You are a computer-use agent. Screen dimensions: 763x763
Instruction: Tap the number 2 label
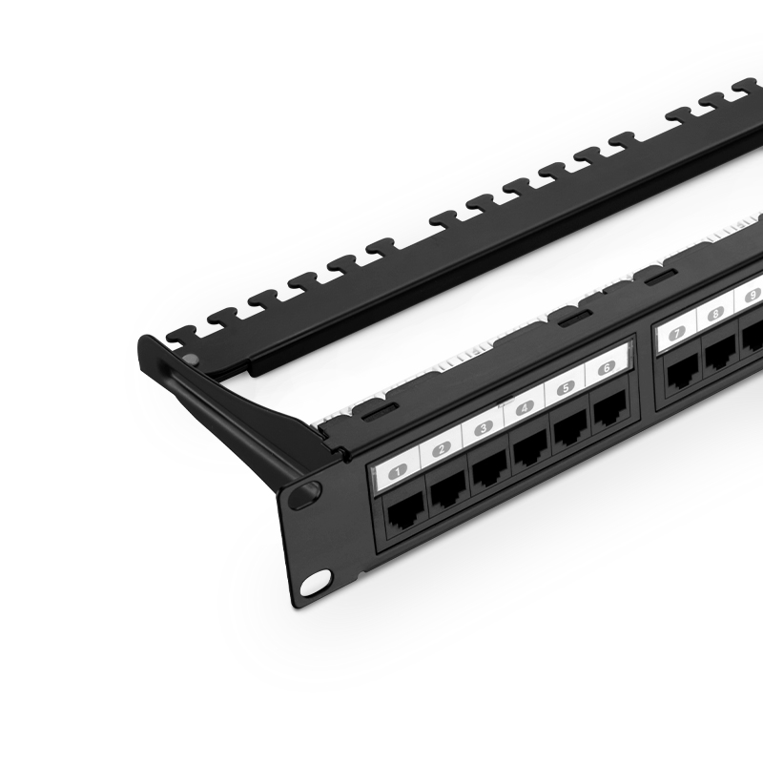coord(442,449)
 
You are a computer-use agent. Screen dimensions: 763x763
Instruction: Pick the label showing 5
coord(565,388)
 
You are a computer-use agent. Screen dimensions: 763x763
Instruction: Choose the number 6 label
coord(605,369)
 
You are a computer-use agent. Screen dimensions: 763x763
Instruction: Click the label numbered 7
coord(678,333)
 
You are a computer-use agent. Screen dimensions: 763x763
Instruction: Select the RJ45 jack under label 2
coord(444,493)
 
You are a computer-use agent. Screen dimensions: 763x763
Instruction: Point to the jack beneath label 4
coord(527,449)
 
